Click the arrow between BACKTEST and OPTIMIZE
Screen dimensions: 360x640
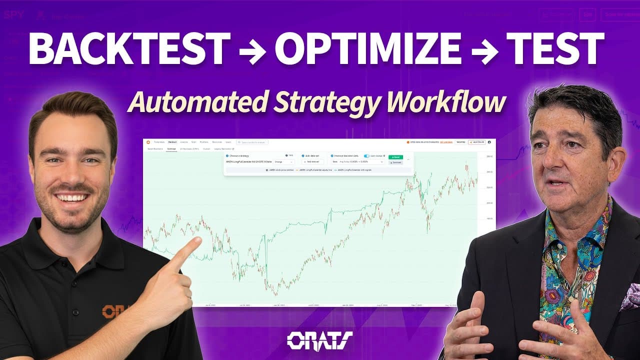point(252,50)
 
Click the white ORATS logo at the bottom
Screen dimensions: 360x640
point(320,340)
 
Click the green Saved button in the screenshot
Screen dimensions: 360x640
point(395,157)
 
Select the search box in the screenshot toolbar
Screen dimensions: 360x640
point(252,142)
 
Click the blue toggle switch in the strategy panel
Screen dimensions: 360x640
point(366,156)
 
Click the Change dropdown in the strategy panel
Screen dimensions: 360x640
point(283,162)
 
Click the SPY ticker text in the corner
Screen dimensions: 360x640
point(14,14)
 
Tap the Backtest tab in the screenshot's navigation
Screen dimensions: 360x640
point(172,142)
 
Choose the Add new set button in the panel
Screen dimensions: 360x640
point(313,162)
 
